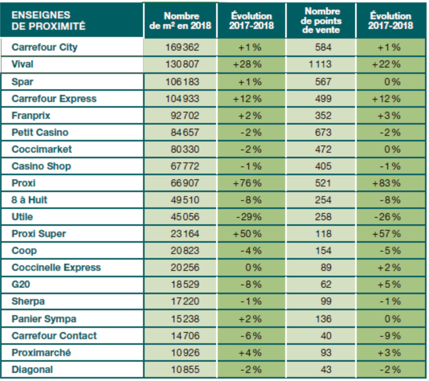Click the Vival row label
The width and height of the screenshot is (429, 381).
(x=22, y=64)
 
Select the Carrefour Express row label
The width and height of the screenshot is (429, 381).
(x=54, y=99)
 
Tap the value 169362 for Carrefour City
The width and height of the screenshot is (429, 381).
(x=182, y=47)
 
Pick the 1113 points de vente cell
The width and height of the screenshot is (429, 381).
(x=320, y=64)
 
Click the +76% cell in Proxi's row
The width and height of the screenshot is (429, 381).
(x=247, y=183)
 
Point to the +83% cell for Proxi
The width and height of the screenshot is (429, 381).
(x=386, y=183)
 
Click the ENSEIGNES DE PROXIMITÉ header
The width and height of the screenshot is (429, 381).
(x=49, y=20)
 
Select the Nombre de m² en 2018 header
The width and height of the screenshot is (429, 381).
(x=181, y=21)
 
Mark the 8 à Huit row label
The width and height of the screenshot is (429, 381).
(x=29, y=200)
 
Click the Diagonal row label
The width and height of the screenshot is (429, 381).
(x=32, y=370)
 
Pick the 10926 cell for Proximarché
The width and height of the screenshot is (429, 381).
(x=185, y=353)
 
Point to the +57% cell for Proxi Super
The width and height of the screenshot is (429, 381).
(x=386, y=234)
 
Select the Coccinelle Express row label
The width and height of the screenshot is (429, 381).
(x=56, y=268)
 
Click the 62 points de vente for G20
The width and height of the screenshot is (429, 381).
(x=326, y=285)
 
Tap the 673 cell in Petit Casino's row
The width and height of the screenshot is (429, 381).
(x=323, y=133)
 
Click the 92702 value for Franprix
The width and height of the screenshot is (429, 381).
(x=185, y=116)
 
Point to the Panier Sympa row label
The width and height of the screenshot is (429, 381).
(x=44, y=319)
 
